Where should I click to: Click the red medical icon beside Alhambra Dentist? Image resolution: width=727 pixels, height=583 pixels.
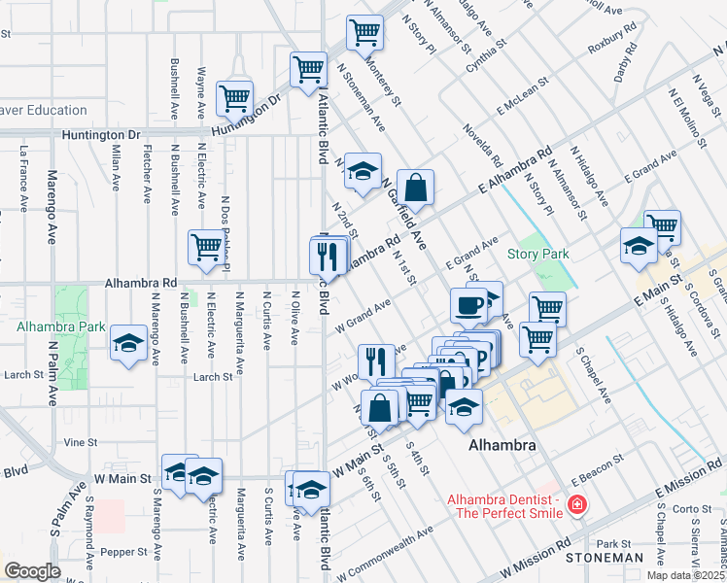(x=577, y=505)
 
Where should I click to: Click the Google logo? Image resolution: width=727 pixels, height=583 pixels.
(x=32, y=571)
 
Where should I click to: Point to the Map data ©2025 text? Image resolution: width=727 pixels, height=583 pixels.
(x=686, y=575)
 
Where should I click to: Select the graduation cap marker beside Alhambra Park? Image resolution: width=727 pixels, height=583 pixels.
(x=128, y=343)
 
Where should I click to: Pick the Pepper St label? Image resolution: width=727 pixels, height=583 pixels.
(x=123, y=551)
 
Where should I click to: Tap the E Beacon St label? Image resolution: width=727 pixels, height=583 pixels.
(x=595, y=475)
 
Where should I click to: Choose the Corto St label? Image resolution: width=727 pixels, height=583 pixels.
(x=693, y=508)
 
